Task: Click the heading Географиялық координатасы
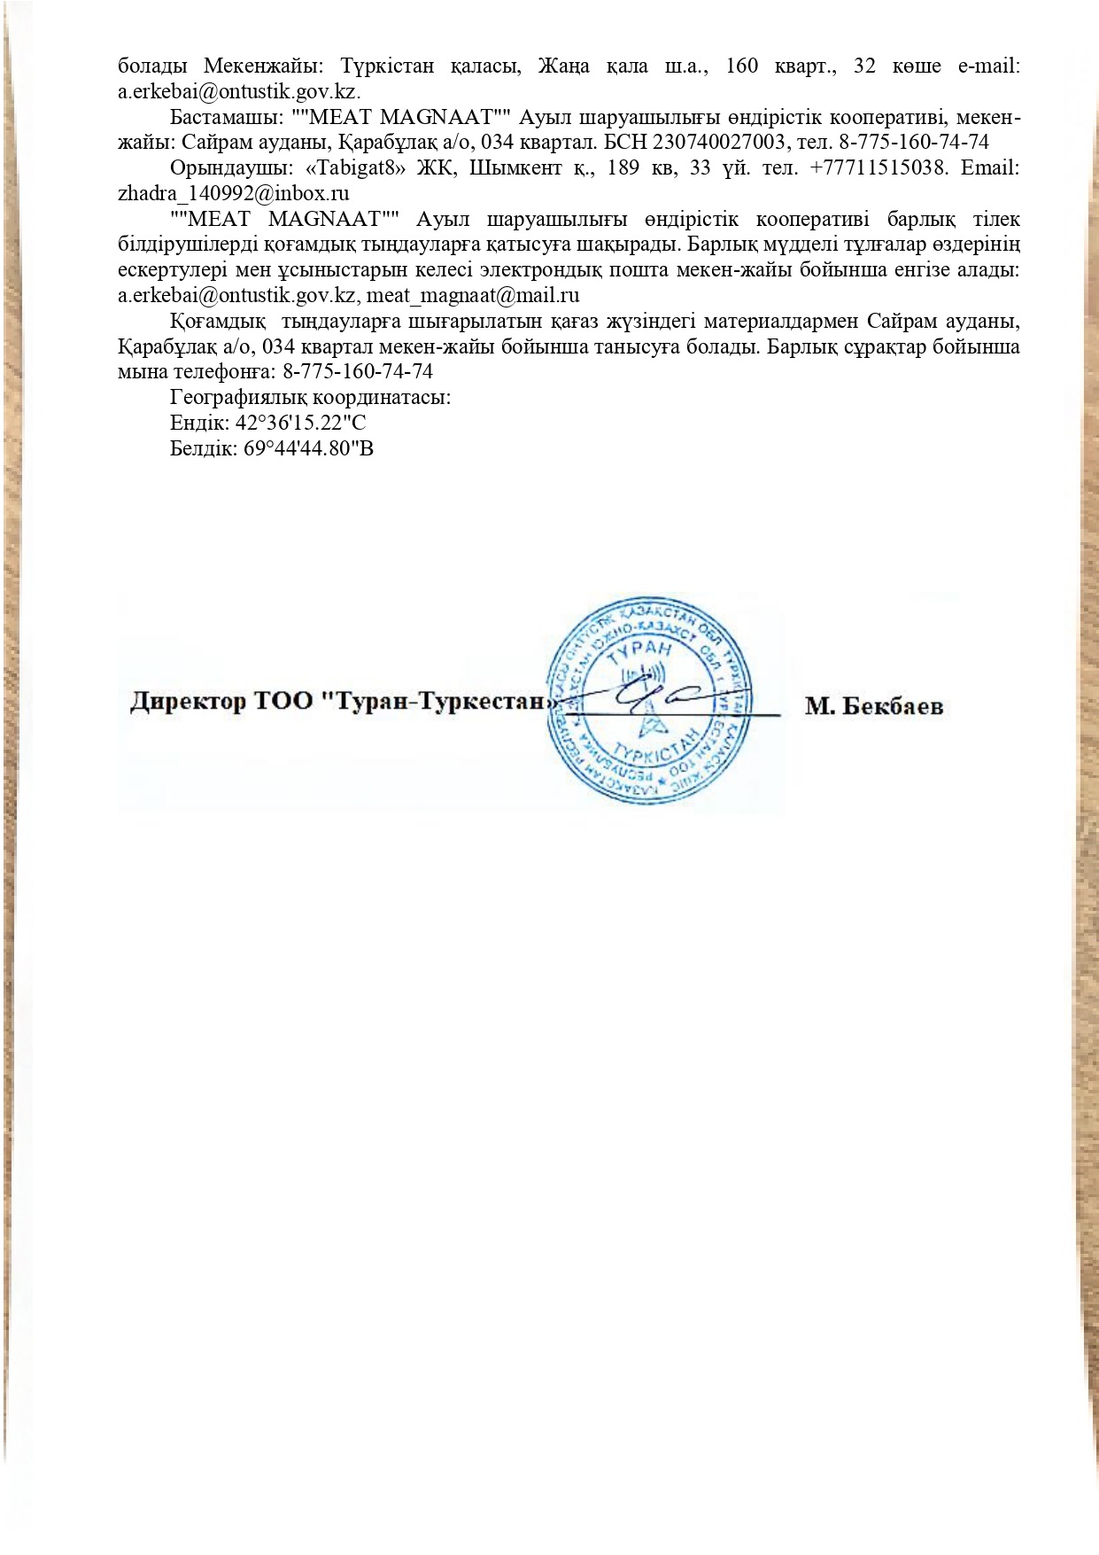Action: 311,397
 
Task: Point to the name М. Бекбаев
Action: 873,706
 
